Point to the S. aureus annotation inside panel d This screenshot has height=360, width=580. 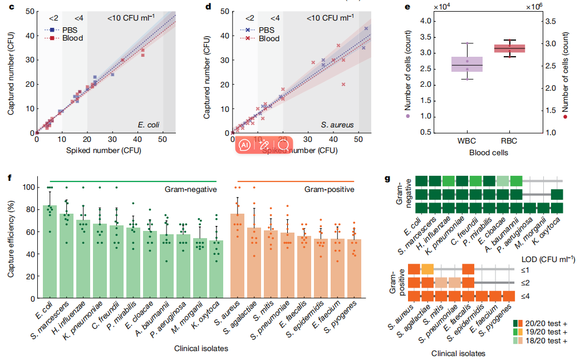coord(338,125)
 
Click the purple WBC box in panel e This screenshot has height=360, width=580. coord(467,65)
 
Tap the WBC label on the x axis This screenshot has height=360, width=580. coord(466,140)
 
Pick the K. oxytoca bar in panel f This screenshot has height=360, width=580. coord(217,264)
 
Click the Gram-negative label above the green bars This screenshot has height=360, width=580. coord(190,190)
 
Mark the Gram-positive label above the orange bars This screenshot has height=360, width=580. coord(330,190)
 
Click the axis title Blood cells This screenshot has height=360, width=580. coord(489,151)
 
